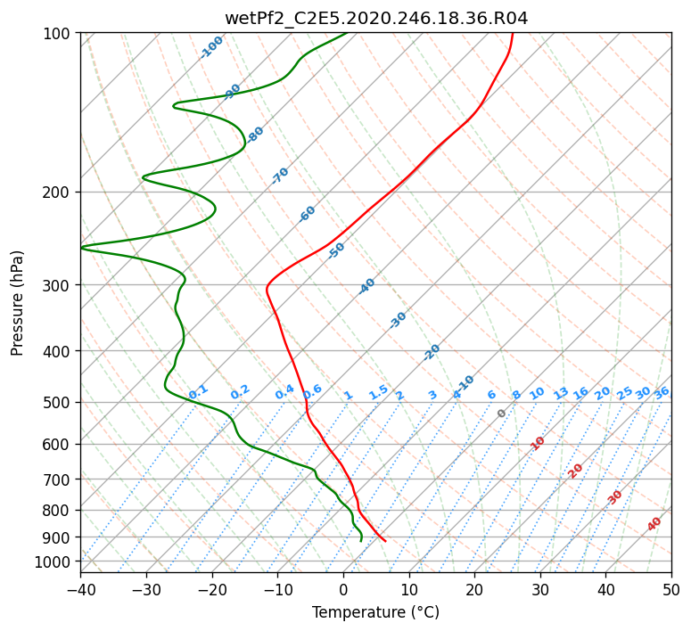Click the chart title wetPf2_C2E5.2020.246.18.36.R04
(x=376, y=19)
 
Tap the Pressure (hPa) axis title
(x=16, y=303)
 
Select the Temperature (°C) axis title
(x=376, y=612)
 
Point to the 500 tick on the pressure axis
(x=57, y=403)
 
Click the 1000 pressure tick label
(x=54, y=561)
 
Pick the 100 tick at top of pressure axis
(x=57, y=34)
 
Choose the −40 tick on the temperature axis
(x=80, y=589)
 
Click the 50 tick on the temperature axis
(x=671, y=589)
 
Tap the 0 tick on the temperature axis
(x=343, y=589)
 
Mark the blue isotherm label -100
(x=211, y=47)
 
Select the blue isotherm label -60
(x=307, y=213)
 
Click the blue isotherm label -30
(x=398, y=320)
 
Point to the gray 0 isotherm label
(x=501, y=414)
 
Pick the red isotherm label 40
(x=654, y=524)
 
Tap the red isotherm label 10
(x=538, y=443)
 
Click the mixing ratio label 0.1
(x=198, y=391)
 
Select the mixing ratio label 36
(x=662, y=393)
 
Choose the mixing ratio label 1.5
(x=379, y=392)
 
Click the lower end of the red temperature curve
(x=385, y=541)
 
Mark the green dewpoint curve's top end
(x=347, y=33)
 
